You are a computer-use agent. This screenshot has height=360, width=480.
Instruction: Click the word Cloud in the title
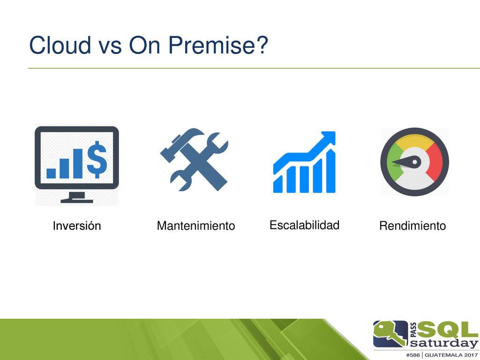60,45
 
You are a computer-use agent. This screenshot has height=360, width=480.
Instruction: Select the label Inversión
77,225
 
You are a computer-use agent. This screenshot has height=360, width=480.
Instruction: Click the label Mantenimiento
196,225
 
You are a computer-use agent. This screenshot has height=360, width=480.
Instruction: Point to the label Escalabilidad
304,225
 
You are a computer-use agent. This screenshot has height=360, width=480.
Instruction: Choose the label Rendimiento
412,225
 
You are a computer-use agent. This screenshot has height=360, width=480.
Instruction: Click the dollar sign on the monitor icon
97,159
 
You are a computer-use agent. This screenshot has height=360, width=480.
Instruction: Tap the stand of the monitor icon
76,197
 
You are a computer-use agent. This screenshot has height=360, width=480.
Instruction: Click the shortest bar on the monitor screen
51,173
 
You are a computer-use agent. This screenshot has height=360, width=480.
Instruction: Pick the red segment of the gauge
435,161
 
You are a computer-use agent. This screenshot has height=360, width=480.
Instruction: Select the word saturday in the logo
444,343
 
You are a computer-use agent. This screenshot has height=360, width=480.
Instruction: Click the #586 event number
413,355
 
